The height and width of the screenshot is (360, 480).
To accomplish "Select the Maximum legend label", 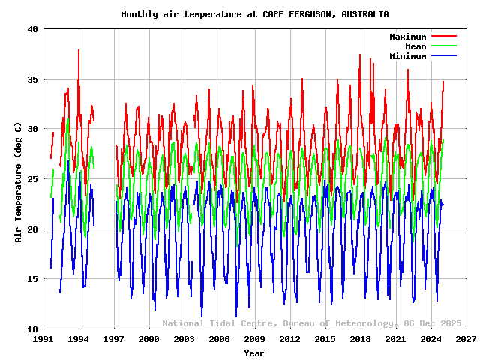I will pyautogui.click(x=407, y=37).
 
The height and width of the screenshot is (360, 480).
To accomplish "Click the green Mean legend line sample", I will pyautogui.click(x=443, y=46).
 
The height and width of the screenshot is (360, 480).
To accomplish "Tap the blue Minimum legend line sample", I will pyautogui.click(x=443, y=56).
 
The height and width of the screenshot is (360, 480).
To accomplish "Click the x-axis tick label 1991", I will pyautogui.click(x=43, y=340).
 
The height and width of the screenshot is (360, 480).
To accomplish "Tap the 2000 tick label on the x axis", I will pyautogui.click(x=149, y=340).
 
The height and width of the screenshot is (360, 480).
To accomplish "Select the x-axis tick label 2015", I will pyautogui.click(x=325, y=340).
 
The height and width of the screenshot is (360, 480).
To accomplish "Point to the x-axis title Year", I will pyautogui.click(x=254, y=352).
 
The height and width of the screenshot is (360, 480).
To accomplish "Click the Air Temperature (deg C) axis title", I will pyautogui.click(x=19, y=182).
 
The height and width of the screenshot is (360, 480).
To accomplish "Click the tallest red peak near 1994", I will pyautogui.click(x=78, y=50).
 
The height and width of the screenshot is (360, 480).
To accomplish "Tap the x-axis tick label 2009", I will pyautogui.click(x=255, y=340).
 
